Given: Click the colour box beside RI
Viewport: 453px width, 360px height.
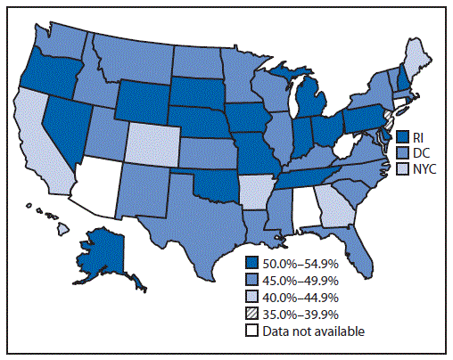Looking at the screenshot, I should pos(403,136).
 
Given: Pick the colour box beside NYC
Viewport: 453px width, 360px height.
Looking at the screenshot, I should pos(403,168).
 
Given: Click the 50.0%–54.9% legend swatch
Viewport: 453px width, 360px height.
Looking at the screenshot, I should pos(253,263).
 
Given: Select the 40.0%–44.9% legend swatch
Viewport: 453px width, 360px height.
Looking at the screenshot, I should pos(253,297).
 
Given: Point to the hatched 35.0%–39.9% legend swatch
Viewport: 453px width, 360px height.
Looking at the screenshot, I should pos(253,314).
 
